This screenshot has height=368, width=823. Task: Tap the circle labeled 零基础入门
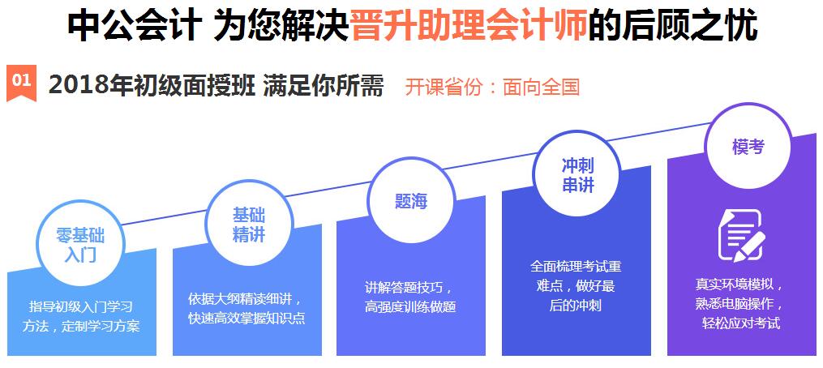pyautogui.click(x=79, y=244)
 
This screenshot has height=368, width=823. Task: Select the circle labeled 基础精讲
pyautogui.click(x=248, y=224)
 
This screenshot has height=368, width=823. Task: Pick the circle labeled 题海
pyautogui.click(x=411, y=201)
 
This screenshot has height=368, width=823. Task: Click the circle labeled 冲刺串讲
pyautogui.click(x=577, y=176)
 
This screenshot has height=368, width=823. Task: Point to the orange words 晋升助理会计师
pyautogui.click(x=469, y=24)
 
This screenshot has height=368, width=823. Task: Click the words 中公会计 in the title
pyautogui.click(x=135, y=25)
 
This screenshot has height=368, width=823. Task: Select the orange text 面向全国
pyautogui.click(x=541, y=88)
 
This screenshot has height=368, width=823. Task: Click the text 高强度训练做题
pyautogui.click(x=410, y=307)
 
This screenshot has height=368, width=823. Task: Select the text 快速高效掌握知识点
pyautogui.click(x=246, y=318)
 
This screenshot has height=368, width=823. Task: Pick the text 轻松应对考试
pyautogui.click(x=740, y=323)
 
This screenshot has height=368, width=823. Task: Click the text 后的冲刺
pyautogui.click(x=575, y=306)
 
